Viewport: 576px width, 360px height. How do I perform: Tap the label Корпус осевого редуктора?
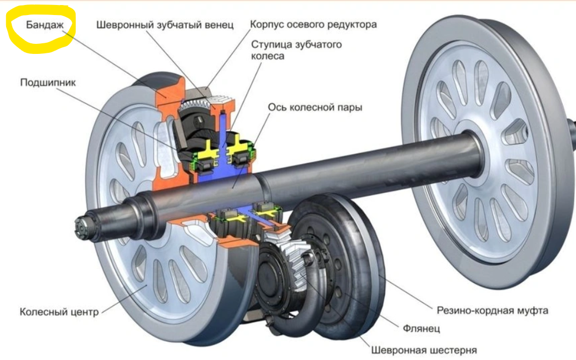[x=313, y=24]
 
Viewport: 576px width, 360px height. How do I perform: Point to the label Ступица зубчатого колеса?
[x=296, y=49]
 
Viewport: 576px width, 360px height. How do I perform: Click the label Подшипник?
[x=47, y=83]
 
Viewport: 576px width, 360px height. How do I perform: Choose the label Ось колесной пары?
[x=315, y=107]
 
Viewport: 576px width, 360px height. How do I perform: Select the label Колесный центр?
[x=59, y=312]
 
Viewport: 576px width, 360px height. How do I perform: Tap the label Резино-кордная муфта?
[x=492, y=310]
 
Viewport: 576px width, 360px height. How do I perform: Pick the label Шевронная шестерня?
[x=424, y=351]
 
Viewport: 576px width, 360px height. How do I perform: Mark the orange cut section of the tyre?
[x=167, y=100]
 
